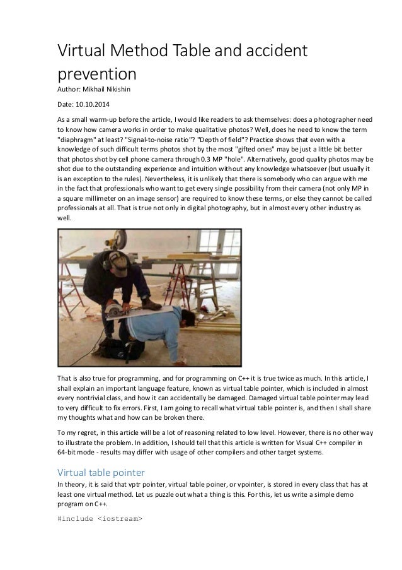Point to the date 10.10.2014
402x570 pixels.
[x=100, y=104]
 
